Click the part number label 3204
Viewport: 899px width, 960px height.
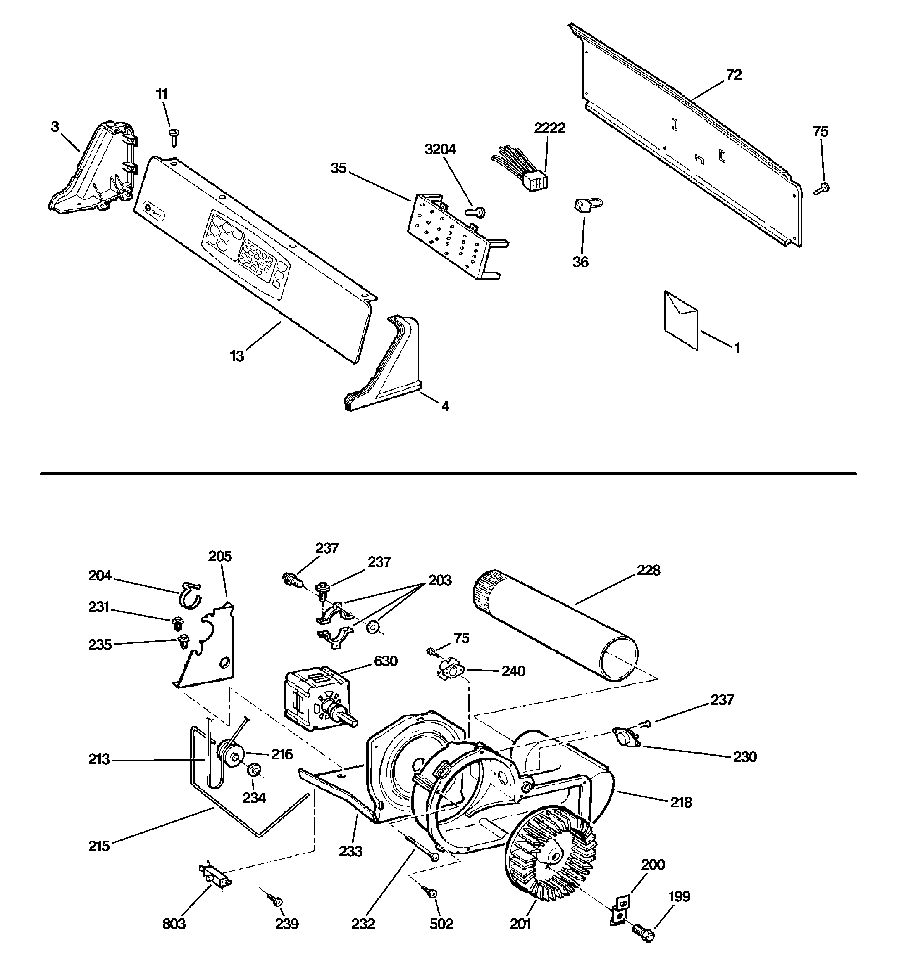pyautogui.click(x=440, y=150)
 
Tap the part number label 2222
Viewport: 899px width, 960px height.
pyautogui.click(x=549, y=128)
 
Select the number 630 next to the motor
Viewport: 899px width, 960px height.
pyautogui.click(x=386, y=661)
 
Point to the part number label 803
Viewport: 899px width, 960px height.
pyautogui.click(x=174, y=924)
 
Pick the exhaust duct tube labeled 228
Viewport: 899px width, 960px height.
pyautogui.click(x=555, y=626)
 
